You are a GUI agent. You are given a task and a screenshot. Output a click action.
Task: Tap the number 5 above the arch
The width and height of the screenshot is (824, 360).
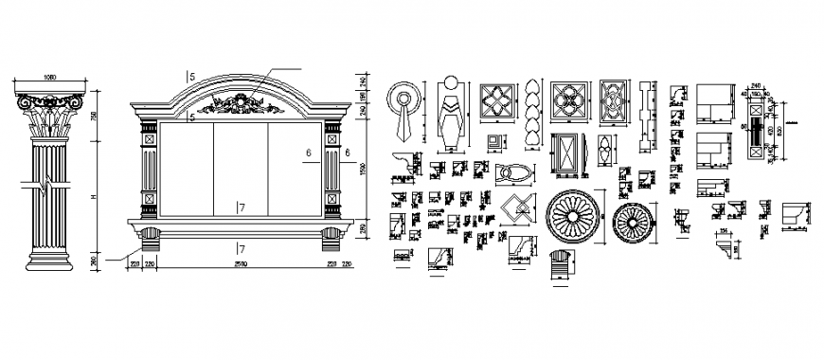(191, 75)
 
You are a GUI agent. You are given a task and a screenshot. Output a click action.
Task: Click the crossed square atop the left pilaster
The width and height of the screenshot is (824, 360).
(147, 138)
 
